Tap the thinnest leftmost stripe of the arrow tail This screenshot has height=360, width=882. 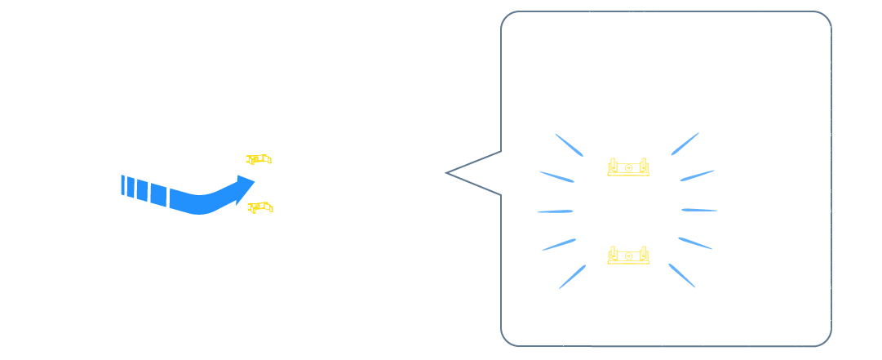122,185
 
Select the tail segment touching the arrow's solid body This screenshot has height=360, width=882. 158,195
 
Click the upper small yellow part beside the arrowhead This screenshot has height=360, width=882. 259,158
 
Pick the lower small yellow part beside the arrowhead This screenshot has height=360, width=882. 260,207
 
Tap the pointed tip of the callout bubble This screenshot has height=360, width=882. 448,173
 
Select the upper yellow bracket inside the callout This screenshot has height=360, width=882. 628,167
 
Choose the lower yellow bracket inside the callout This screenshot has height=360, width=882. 628,256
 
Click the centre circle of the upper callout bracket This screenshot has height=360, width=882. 628,167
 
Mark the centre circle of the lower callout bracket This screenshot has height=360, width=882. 628,256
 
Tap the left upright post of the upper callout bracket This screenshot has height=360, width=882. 611,166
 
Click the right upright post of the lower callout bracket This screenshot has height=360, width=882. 645,254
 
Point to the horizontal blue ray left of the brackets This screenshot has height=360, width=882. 555,211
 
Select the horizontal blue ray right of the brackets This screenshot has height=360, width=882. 699,210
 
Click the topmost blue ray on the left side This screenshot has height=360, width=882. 569,144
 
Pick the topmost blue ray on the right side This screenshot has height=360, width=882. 685,144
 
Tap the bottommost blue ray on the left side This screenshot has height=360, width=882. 572,276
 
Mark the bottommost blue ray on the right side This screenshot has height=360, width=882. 682,275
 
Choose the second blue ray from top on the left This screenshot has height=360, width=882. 556,176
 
